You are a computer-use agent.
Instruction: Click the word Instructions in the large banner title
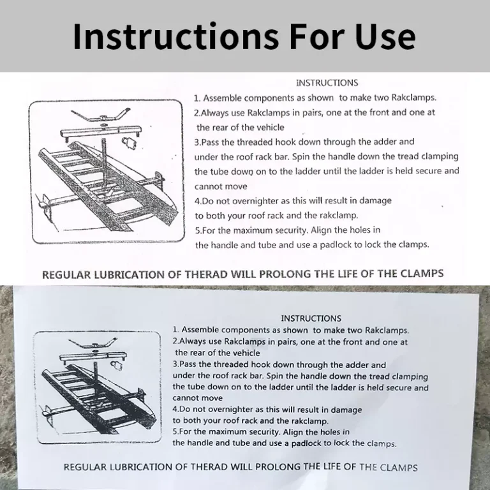(175, 36)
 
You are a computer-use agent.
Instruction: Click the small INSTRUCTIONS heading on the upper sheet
(327, 83)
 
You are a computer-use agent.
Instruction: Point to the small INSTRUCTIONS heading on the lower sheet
(311, 318)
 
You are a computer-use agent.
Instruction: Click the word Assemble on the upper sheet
(222, 98)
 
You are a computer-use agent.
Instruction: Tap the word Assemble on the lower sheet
(200, 330)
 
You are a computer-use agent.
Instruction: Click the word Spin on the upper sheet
(301, 156)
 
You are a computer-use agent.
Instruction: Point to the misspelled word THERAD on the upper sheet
(206, 274)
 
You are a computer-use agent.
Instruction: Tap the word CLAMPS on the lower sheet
(399, 468)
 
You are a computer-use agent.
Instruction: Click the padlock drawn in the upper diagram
(130, 144)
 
